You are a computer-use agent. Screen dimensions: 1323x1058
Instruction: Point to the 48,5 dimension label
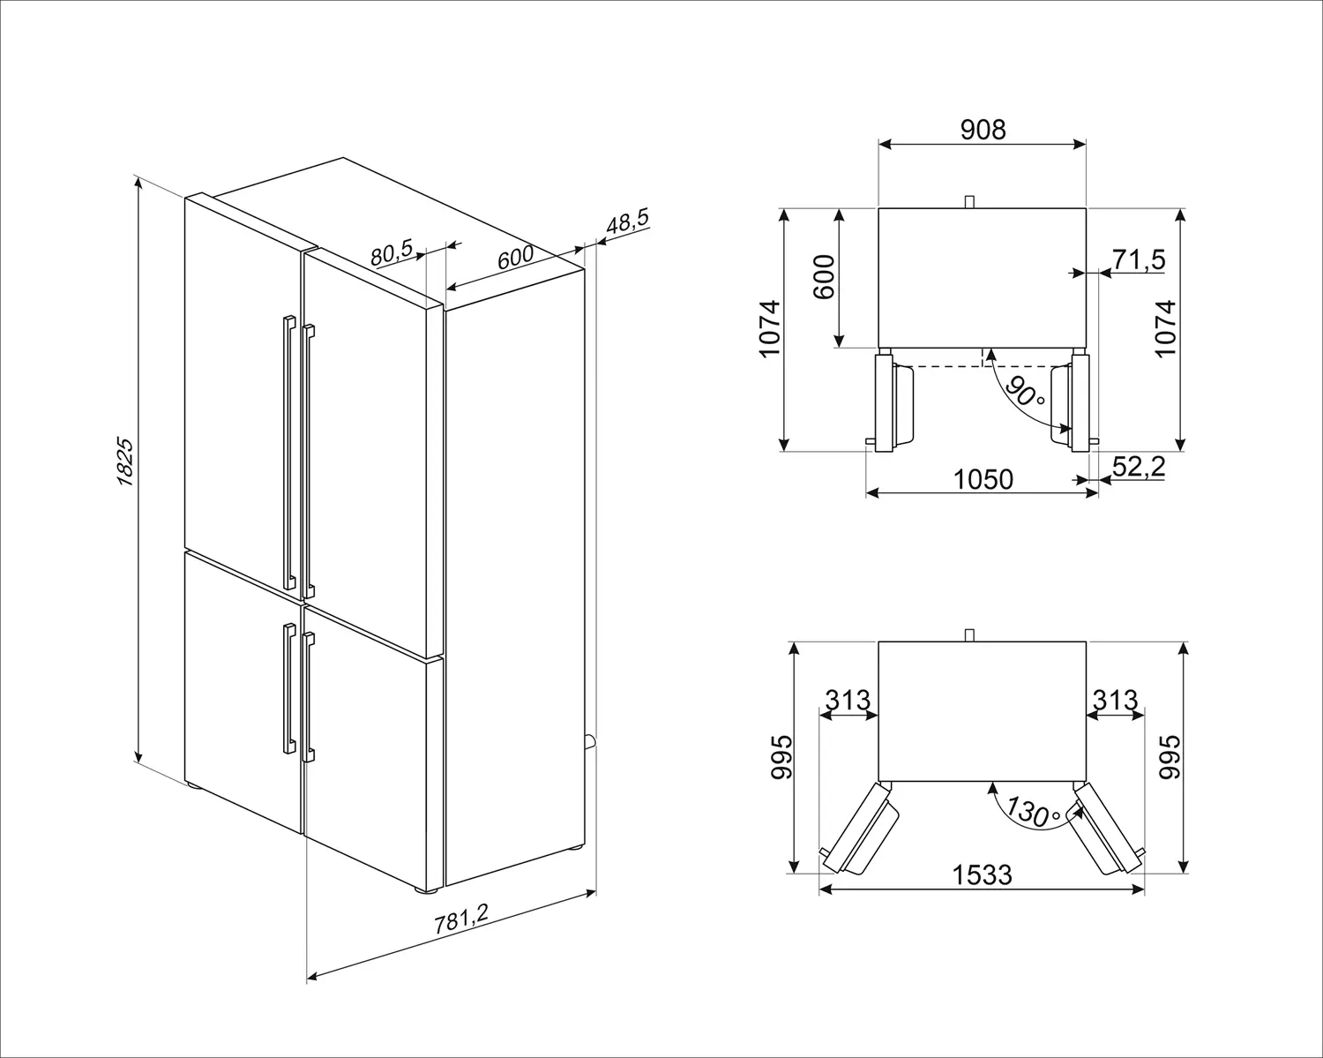627,221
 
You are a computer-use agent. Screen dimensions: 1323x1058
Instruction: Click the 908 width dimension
983,129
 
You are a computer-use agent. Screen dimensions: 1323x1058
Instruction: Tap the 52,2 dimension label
1139,466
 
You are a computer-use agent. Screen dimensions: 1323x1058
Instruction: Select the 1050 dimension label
983,479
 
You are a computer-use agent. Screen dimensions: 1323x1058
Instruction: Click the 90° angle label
1024,391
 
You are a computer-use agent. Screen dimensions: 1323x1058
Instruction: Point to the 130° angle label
1034,811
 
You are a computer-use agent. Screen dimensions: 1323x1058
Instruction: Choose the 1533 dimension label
982,874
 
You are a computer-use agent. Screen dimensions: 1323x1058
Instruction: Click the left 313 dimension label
848,700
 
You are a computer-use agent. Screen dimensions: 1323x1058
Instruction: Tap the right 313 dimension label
1115,700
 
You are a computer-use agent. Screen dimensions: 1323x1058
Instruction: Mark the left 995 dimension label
781,757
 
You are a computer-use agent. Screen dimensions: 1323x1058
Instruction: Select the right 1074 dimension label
1165,328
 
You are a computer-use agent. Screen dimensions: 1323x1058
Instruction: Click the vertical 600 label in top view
825,277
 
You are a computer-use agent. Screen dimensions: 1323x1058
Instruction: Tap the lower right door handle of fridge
308,697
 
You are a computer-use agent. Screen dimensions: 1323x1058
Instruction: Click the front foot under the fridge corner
426,889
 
